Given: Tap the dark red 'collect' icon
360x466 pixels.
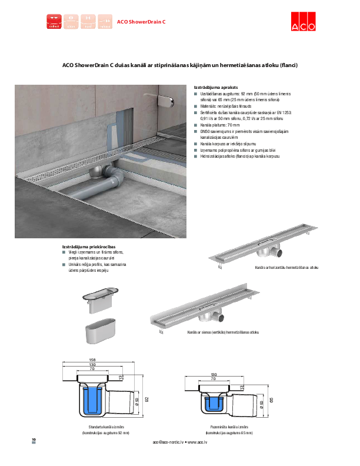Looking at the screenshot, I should click(54, 21).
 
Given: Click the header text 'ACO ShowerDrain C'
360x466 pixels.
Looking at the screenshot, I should click(141, 22).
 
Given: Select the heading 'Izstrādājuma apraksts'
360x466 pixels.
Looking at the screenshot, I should click(212, 86).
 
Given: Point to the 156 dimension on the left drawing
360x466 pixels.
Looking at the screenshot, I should click(92, 360).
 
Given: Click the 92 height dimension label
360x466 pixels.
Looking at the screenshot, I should click(146, 400).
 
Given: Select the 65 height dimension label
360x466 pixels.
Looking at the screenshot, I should click(272, 400).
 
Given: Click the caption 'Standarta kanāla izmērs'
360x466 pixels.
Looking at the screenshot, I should click(105, 426).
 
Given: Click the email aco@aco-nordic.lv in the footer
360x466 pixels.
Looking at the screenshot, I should click(169, 441).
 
